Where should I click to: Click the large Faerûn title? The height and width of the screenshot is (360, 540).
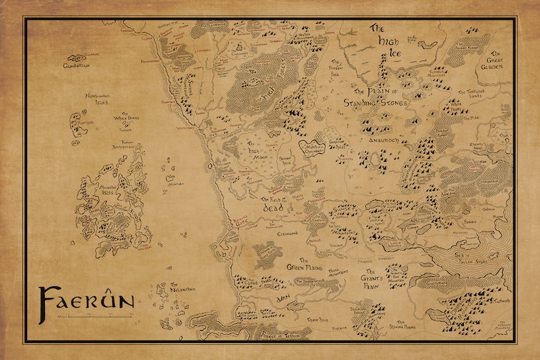click(85, 300)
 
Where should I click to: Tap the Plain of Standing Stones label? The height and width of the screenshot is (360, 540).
click(379, 97)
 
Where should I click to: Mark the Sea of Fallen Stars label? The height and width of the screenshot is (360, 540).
click(482, 253)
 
